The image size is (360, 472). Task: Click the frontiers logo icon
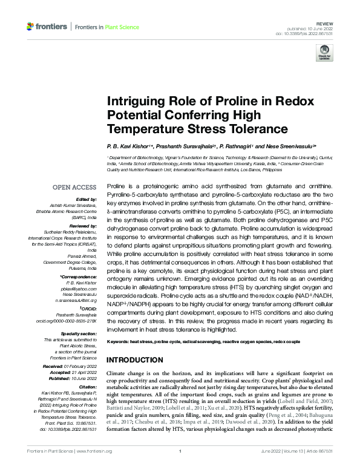click(x=31, y=27)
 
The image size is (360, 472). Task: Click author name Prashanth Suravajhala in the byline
click(x=181, y=146)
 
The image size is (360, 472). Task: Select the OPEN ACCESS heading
click(x=74, y=188)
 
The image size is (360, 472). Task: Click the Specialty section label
click(x=78, y=333)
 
